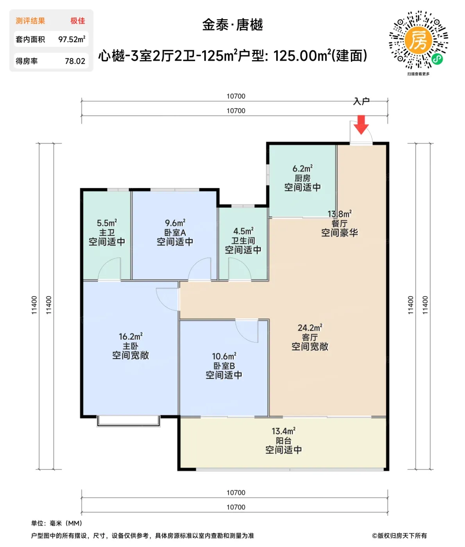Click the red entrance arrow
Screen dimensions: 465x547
pos(361,125)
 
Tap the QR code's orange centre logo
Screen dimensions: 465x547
pos(418,41)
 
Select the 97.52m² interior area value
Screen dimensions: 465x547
pos(72,39)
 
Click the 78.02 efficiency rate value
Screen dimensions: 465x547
pos(75,61)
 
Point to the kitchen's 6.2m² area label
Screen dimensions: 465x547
pos(302,168)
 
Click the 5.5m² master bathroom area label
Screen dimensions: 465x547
pos(107,223)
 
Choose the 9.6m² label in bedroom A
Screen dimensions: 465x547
pos(175,223)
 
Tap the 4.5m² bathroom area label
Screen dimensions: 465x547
pos(243,231)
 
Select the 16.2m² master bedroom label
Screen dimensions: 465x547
pos(131,336)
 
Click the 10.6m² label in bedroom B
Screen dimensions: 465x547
pos(224,356)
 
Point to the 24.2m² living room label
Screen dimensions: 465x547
pos(310,328)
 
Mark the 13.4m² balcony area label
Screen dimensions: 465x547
pos(283,431)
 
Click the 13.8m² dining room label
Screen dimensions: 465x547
pos(340,214)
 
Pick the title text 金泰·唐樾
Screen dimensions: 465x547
pos(232,25)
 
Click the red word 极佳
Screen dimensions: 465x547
pos(78,21)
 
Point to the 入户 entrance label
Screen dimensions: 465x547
pos(361,101)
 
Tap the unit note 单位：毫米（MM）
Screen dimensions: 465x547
pos(57,523)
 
